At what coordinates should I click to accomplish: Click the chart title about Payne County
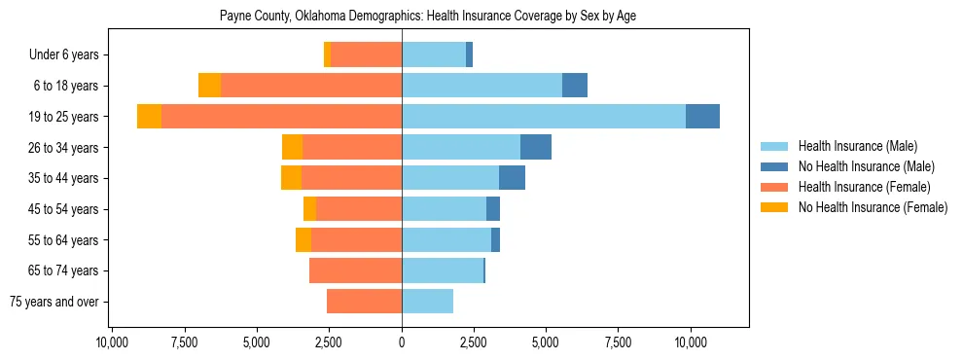[428, 17]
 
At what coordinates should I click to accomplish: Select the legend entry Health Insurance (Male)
[857, 146]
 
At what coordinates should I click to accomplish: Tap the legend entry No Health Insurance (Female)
[873, 207]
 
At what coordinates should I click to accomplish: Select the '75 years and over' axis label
[54, 302]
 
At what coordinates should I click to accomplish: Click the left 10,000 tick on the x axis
[113, 343]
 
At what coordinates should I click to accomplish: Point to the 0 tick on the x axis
[402, 343]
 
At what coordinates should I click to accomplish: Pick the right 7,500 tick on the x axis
[619, 343]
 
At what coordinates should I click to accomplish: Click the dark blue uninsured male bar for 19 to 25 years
[702, 117]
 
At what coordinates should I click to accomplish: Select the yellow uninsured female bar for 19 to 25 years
[149, 117]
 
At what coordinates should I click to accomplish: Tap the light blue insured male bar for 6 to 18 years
[481, 86]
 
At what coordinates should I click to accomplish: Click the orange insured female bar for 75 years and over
[364, 302]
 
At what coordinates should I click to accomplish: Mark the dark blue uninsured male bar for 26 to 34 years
[536, 148]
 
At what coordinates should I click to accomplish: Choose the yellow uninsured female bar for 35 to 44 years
[291, 178]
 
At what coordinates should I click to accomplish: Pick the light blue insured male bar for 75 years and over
[427, 302]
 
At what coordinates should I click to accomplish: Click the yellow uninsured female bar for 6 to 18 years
[209, 86]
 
